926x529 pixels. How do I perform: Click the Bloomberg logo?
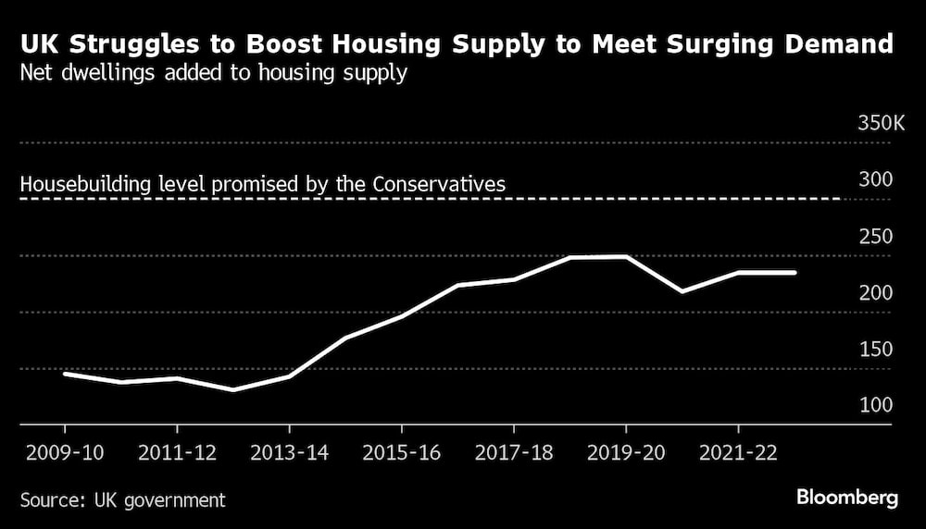(x=847, y=498)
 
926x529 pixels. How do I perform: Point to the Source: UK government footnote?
(x=122, y=500)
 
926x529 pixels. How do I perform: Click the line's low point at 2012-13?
(x=233, y=389)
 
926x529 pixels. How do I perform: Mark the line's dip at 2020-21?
(x=682, y=291)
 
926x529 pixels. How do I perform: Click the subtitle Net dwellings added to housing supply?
(x=213, y=74)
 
